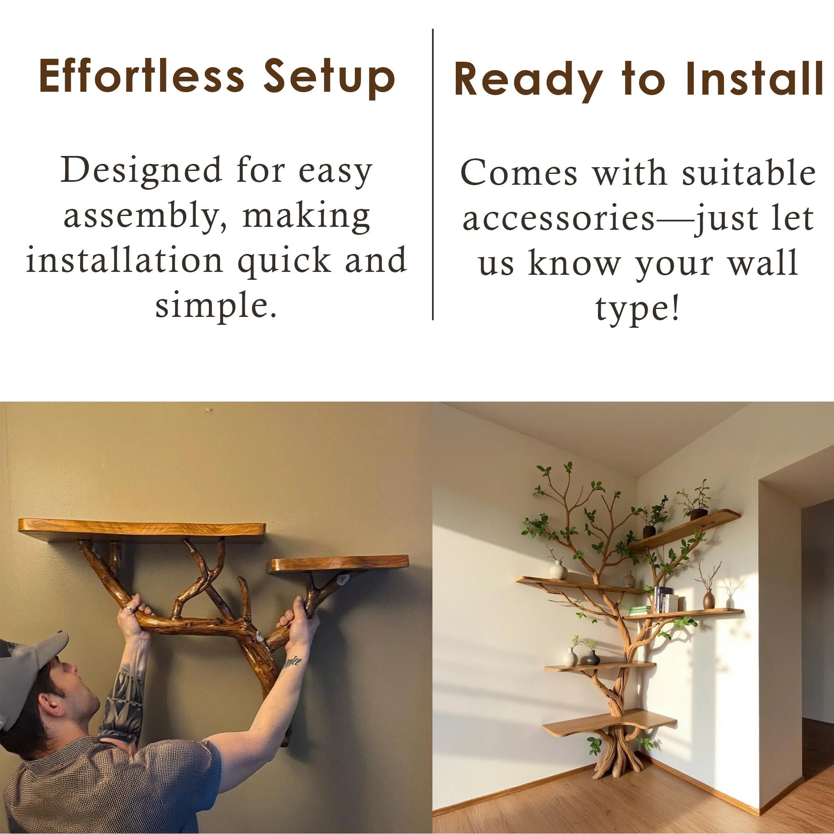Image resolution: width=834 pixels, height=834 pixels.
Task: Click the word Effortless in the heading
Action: pyautogui.click(x=142, y=77)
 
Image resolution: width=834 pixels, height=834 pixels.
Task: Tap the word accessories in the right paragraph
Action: pyautogui.click(x=559, y=219)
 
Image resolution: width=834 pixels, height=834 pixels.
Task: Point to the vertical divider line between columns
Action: pyautogui.click(x=432, y=174)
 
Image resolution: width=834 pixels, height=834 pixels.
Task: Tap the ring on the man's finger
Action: pyautogui.click(x=128, y=609)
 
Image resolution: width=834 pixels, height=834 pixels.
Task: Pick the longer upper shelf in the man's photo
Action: pyautogui.click(x=142, y=531)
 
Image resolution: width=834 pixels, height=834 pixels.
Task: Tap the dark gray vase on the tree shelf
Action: pyautogui.click(x=591, y=658)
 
